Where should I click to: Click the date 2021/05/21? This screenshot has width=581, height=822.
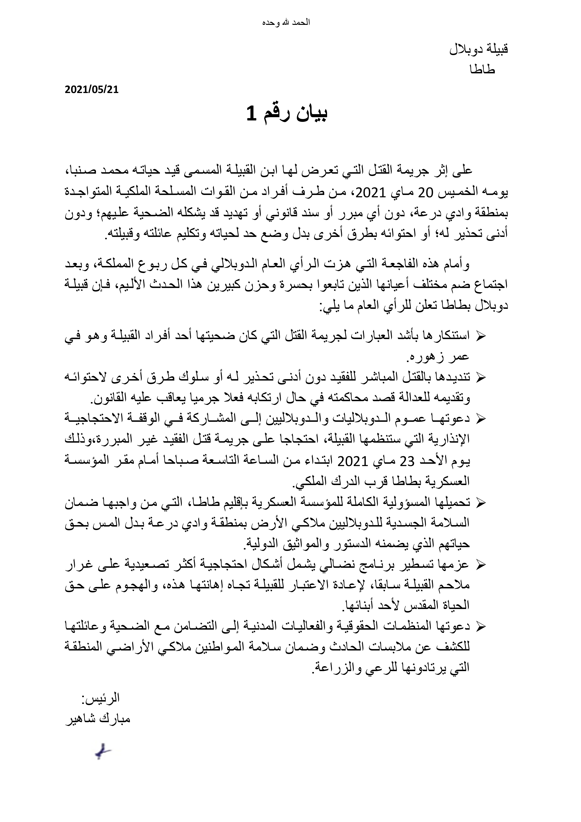click(x=91, y=90)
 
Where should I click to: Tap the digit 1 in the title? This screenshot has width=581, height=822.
click(x=251, y=114)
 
